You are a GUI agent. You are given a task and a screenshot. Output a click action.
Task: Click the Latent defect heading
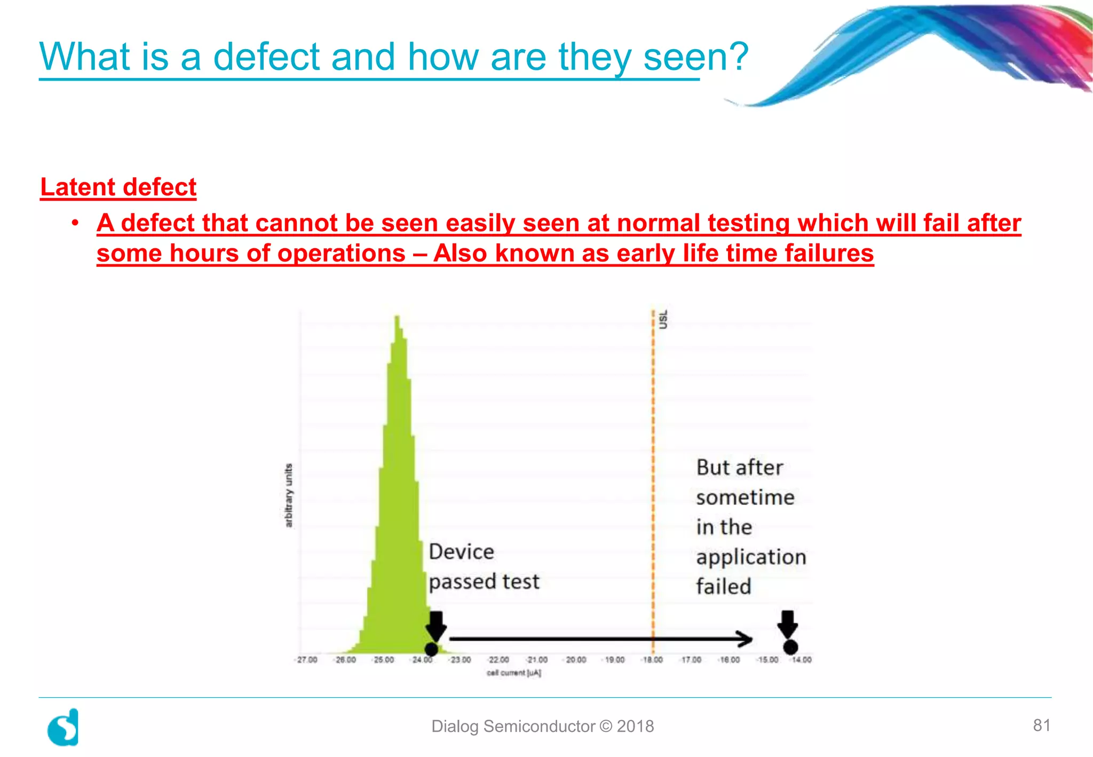pos(118,187)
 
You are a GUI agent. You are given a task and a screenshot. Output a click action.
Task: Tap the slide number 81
pos(1041,725)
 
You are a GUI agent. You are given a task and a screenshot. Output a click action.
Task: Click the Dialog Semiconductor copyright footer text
pos(542,726)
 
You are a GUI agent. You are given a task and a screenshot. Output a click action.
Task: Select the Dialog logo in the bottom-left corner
pos(64,727)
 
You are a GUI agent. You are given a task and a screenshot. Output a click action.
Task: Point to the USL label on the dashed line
pos(663,319)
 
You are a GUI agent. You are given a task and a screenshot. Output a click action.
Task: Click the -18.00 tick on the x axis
pos(652,660)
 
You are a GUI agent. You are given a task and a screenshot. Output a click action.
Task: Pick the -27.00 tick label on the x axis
pos(307,660)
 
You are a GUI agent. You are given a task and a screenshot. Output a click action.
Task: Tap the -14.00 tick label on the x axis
pos(801,660)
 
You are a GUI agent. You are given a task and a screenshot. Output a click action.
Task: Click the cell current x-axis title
pos(513,673)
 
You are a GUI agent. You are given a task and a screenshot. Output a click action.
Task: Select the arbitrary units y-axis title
pos(289,495)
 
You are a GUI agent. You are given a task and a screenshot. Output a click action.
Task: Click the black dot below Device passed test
pos(431,649)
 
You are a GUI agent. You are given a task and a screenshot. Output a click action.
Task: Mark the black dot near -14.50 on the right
pos(790,647)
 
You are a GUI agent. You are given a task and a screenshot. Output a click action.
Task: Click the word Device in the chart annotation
pos(461,552)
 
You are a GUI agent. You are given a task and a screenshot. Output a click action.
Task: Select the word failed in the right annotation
pos(724,587)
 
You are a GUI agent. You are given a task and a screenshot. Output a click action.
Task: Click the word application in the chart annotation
pos(751,557)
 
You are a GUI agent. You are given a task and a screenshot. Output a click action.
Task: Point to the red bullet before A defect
pos(76,223)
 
